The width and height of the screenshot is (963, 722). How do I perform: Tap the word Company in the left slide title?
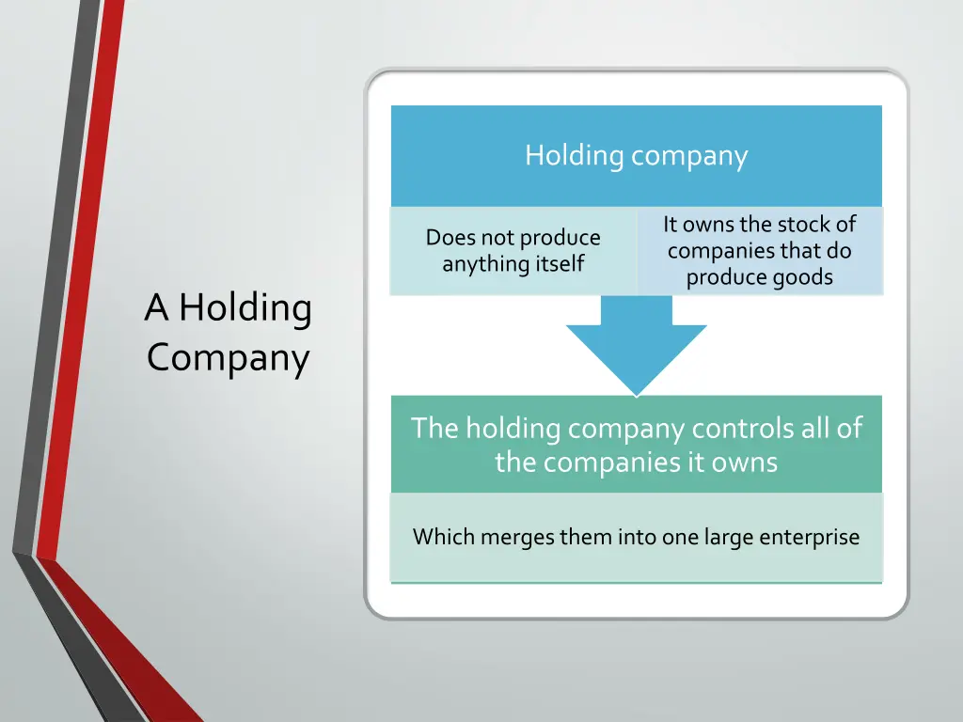(228, 359)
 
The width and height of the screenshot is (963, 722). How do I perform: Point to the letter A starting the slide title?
(156, 308)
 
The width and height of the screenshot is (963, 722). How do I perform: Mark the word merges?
(519, 538)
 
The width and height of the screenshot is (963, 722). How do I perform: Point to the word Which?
(444, 538)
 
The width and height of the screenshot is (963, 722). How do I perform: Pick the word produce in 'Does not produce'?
(560, 238)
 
